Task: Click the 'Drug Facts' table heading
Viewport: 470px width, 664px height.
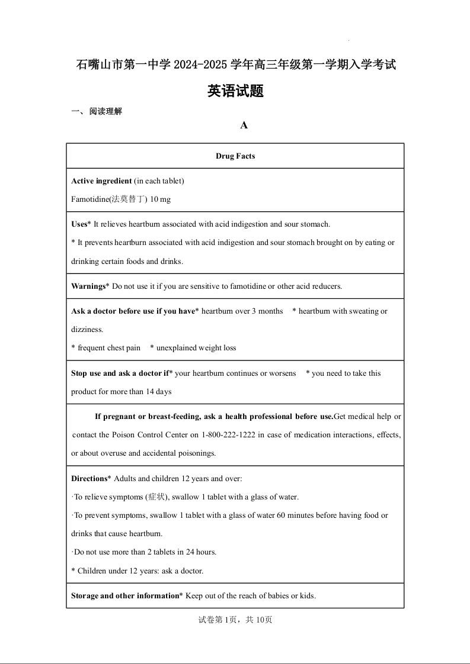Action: (235, 156)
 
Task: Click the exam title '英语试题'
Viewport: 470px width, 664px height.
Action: (235, 91)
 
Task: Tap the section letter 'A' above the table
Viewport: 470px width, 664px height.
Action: (244, 125)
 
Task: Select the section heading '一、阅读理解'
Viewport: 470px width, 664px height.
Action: (97, 111)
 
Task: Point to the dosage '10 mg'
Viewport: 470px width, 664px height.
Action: (160, 199)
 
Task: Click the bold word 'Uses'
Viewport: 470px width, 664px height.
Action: (79, 224)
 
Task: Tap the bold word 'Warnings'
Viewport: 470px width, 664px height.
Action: (88, 286)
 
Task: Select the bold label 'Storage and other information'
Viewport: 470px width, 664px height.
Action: (125, 596)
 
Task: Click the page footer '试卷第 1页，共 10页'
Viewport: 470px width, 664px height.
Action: (235, 620)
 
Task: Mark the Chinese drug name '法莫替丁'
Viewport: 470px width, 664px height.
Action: (129, 199)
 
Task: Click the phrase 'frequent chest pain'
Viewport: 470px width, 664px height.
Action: (109, 348)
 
